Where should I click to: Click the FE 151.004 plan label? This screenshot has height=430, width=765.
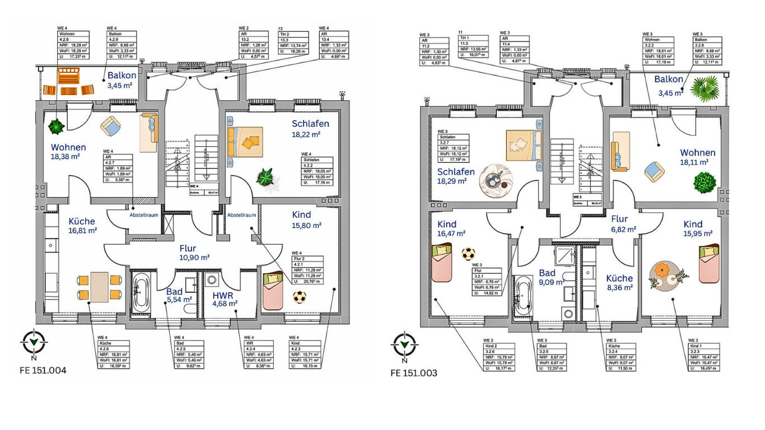[x=43, y=370]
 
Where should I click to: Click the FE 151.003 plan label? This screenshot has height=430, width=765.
[x=414, y=373]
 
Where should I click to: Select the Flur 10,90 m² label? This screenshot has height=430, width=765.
[x=194, y=253]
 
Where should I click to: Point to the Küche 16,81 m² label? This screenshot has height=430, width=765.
[x=82, y=225]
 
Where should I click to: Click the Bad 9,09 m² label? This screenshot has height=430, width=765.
[x=551, y=278]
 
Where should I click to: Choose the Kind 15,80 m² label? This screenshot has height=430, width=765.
[x=306, y=219]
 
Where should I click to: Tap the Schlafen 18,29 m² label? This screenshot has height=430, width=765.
[x=456, y=176]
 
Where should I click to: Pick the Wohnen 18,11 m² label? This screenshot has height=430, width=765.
[x=697, y=157]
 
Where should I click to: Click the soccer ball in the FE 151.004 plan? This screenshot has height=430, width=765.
[x=300, y=297]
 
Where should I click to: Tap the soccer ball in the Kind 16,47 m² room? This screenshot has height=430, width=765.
[x=468, y=254]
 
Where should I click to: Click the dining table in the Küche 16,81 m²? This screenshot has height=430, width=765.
[x=100, y=287]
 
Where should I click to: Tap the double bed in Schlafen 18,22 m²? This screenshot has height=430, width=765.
[x=245, y=140]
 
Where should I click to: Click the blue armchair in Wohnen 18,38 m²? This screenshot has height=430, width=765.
[x=110, y=126]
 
